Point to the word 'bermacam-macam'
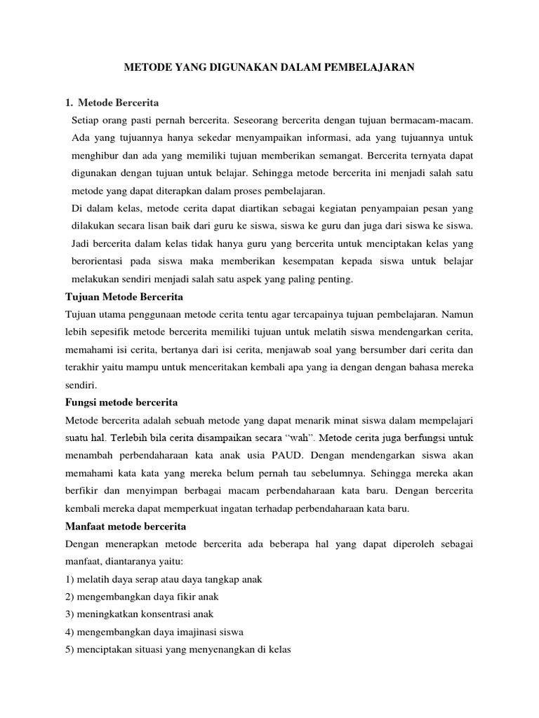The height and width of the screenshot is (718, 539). (x=438, y=122)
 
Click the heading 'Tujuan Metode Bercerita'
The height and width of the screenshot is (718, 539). (x=124, y=297)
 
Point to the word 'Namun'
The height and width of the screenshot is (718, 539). (x=458, y=314)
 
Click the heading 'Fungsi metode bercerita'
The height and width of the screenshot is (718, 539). (x=121, y=402)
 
